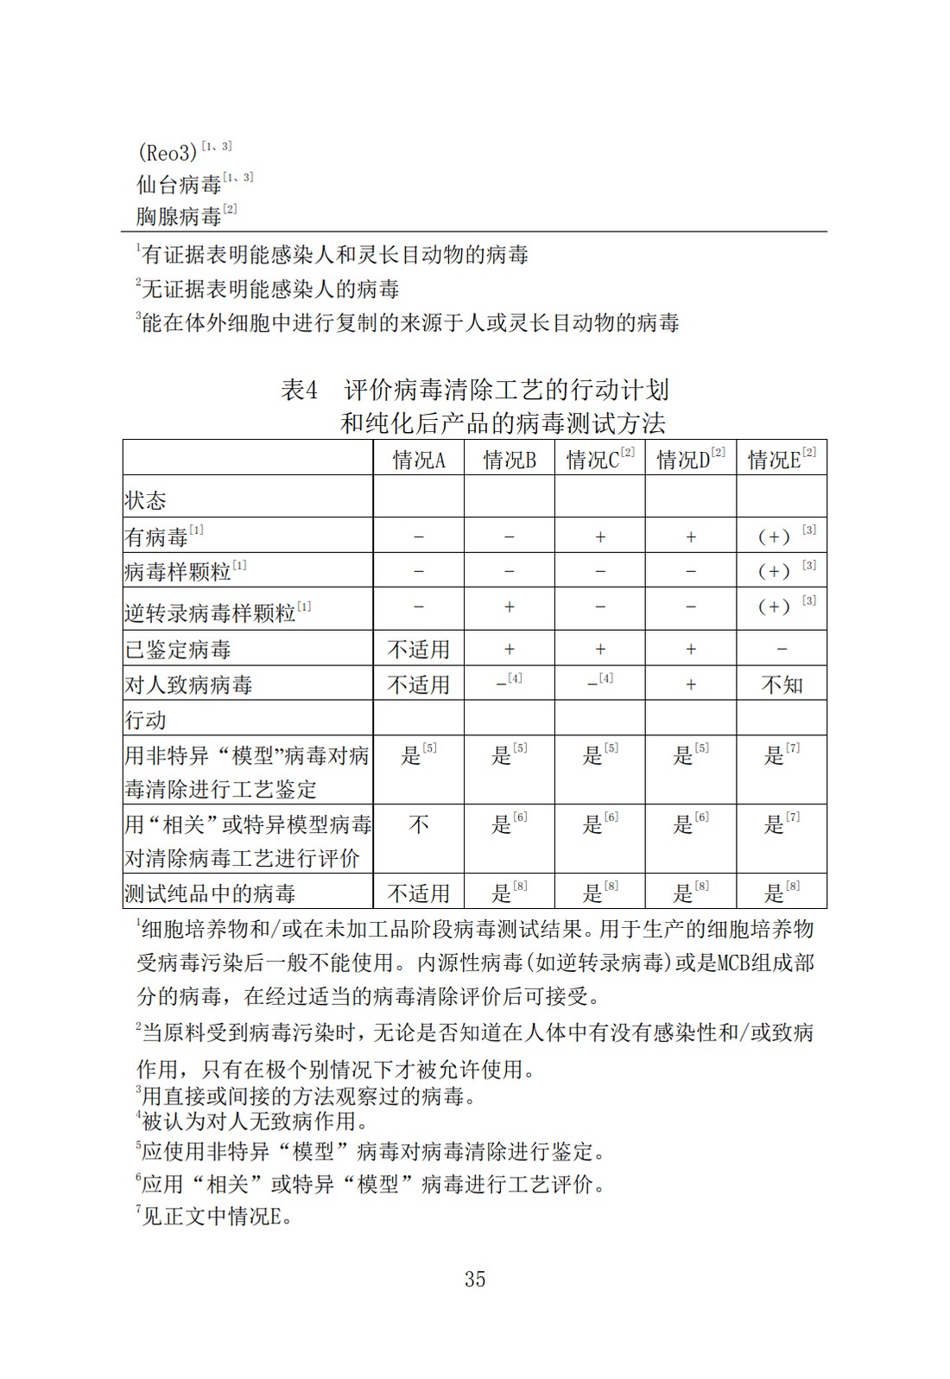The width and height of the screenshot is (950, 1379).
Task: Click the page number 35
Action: click(x=475, y=1279)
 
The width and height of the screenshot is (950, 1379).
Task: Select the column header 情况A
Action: click(x=419, y=460)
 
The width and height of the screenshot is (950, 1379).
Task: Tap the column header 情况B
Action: click(x=510, y=460)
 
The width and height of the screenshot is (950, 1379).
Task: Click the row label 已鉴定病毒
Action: click(x=178, y=649)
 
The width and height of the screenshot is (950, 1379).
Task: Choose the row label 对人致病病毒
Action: click(x=189, y=684)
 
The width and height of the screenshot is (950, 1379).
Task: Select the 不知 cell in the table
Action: click(x=782, y=684)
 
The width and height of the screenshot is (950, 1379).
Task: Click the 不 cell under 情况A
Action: click(x=419, y=825)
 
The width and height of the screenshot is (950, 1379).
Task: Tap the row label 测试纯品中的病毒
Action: click(x=210, y=893)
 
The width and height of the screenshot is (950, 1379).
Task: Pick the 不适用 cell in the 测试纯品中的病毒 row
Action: click(x=419, y=893)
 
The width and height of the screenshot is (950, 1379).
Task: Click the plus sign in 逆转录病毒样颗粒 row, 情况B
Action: click(x=510, y=607)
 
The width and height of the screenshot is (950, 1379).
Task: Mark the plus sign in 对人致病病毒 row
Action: click(x=691, y=684)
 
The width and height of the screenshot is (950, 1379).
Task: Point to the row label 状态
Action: click(x=145, y=500)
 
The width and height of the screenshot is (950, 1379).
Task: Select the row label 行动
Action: click(x=145, y=720)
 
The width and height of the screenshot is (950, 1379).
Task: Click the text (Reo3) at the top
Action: click(x=168, y=153)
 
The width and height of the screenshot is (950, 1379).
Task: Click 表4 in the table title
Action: click(x=300, y=391)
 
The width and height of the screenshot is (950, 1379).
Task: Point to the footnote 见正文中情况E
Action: click(x=216, y=1217)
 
